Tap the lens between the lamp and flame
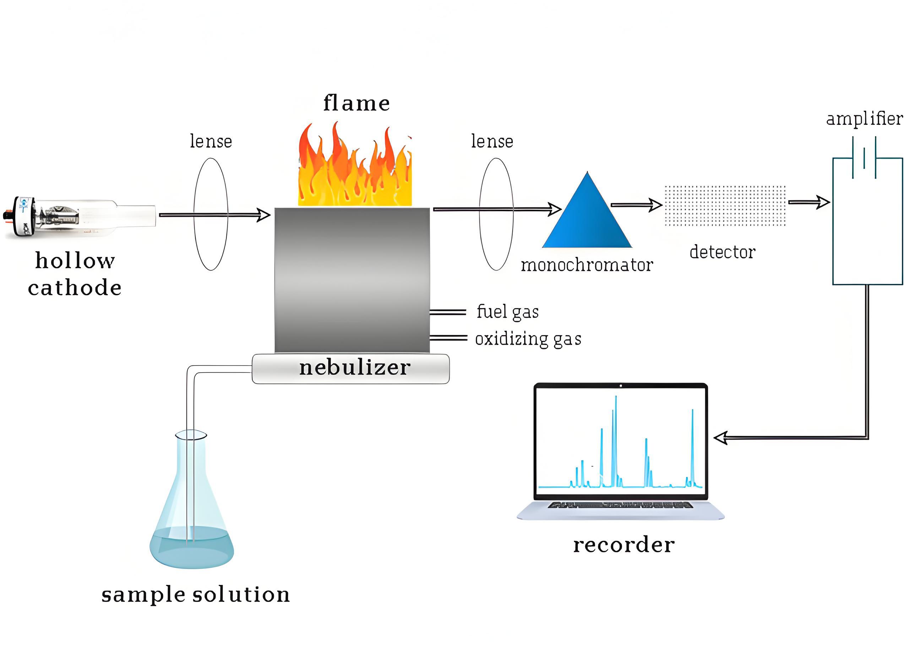coord(211,214)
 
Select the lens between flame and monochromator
coord(496,214)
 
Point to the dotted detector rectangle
coord(725,206)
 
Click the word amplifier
coord(864,119)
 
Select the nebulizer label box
coord(350,368)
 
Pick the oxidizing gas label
coord(528,339)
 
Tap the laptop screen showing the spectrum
coord(620,442)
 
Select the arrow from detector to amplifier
coord(808,202)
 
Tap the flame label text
coord(356,103)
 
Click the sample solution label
coord(196,594)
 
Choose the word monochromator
coord(587,265)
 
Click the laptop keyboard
coord(620,505)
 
